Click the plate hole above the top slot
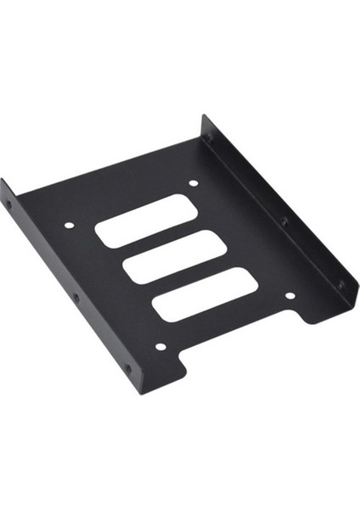(193, 183)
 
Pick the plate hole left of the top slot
(70, 226)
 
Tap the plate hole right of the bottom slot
(289, 296)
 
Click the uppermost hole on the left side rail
(9, 205)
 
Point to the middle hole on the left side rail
(75, 298)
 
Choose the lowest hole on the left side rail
(127, 370)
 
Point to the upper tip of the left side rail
(3, 183)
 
